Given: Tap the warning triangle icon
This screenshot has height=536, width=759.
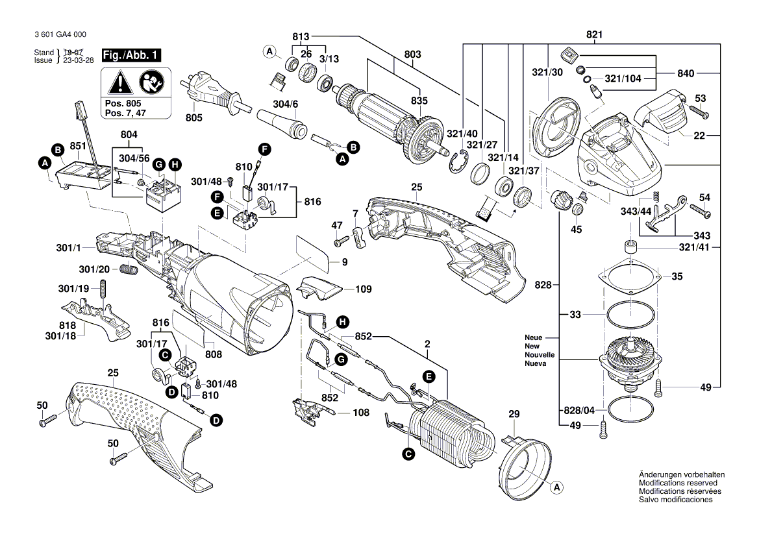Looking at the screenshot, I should [118, 82].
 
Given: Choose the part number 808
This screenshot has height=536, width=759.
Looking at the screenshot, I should [213, 354].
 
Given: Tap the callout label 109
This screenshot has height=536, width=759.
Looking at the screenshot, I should [363, 289].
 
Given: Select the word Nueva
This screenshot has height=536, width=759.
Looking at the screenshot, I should [536, 364].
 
